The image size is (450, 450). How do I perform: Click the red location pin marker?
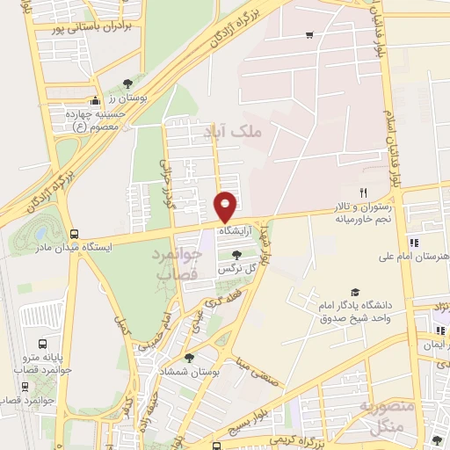click(x=227, y=206)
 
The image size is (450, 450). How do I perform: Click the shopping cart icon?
click(x=309, y=35)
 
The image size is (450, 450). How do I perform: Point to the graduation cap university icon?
click(x=355, y=293)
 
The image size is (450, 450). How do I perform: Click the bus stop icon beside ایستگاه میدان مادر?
click(x=75, y=235)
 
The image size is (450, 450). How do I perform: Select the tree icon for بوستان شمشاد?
click(x=190, y=357)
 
